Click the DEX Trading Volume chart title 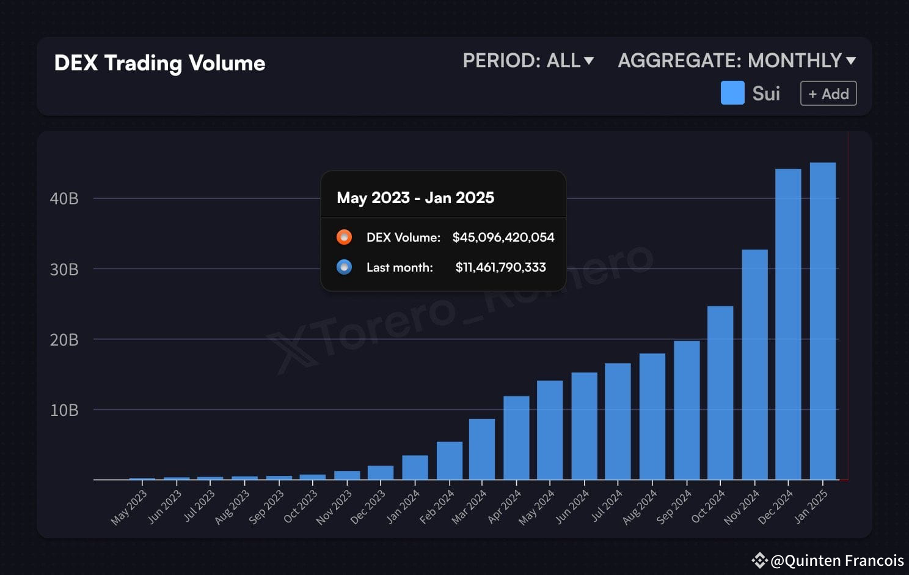159,63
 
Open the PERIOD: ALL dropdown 528,61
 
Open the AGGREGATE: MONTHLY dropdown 736,61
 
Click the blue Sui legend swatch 732,93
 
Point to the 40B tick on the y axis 64,198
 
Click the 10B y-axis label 64,410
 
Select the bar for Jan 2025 822,321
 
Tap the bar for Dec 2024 788,324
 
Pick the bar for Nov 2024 754,365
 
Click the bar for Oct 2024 720,393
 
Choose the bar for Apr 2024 516,438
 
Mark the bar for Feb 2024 449,461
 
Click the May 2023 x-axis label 129,508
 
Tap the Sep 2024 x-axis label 674,508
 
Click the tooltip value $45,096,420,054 503,237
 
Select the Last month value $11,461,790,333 500,267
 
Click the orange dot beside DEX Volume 344,237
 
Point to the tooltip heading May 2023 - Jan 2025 415,198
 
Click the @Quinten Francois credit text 836,560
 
